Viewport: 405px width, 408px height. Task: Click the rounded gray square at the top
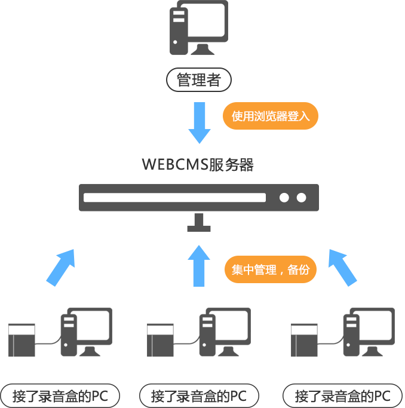click(x=198, y=27)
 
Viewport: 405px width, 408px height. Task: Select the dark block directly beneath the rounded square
click(x=198, y=79)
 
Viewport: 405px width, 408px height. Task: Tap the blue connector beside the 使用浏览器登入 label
click(x=199, y=122)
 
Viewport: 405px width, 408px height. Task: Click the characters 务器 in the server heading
click(x=239, y=164)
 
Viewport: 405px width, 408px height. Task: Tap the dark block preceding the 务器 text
click(x=182, y=164)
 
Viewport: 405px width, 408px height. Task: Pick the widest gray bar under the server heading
click(x=198, y=197)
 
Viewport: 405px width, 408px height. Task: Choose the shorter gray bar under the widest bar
click(x=149, y=223)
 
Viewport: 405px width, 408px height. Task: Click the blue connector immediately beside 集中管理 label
click(x=198, y=266)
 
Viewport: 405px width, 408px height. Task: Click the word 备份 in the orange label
click(x=299, y=269)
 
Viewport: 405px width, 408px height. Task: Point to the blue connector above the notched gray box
click(x=60, y=268)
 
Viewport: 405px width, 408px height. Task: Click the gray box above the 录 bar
click(x=199, y=332)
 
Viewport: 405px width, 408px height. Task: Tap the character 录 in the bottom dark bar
click(x=183, y=395)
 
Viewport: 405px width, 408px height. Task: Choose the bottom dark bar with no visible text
click(x=342, y=395)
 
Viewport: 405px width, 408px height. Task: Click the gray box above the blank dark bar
click(x=343, y=332)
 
